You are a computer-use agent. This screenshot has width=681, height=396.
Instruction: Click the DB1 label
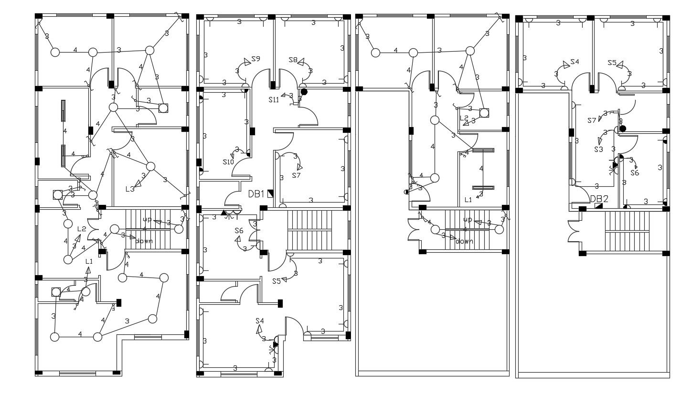point(256,194)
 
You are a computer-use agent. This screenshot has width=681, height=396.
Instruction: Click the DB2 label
point(599,199)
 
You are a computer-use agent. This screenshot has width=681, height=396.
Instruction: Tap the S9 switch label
point(255,59)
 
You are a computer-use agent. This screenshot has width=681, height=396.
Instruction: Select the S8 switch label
point(293,60)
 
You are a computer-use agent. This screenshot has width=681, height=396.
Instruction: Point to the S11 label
point(274,100)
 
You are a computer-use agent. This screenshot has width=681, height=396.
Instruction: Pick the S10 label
point(228,162)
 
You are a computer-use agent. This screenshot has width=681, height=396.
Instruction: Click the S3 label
point(598,150)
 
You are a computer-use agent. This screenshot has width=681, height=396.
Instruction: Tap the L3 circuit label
point(130,189)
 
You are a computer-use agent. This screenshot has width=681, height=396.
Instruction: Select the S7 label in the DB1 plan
point(296,175)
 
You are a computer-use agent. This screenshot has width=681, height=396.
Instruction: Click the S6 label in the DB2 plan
point(634,173)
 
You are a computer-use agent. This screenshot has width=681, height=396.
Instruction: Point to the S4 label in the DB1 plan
point(260,321)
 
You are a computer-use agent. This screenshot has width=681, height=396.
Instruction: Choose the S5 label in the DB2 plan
point(612,63)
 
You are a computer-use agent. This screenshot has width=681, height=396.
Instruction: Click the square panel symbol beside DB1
point(270,193)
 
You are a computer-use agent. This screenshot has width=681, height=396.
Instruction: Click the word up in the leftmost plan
point(147,220)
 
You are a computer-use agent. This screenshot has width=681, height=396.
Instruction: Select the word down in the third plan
point(464,241)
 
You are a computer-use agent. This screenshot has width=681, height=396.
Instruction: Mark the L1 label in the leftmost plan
point(89,261)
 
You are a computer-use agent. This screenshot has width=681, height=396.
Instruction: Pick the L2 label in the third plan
point(464,118)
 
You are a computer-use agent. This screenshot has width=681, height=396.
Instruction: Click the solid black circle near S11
point(304,92)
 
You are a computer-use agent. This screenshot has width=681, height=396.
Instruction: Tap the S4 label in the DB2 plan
point(574,62)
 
